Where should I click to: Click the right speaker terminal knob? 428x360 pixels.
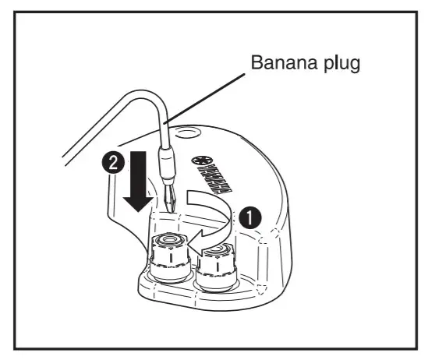[216, 265]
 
